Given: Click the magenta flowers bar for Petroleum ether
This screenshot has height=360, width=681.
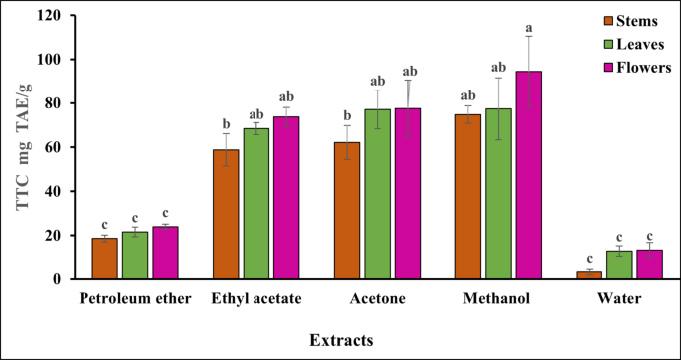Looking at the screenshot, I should [x=165, y=253].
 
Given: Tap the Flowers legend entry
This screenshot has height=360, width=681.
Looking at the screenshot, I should [x=639, y=67].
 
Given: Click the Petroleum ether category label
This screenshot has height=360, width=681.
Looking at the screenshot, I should [x=134, y=298].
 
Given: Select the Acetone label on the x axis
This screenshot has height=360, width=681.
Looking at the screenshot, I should [x=377, y=298].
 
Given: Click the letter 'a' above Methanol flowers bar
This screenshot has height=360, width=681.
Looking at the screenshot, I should [x=529, y=28].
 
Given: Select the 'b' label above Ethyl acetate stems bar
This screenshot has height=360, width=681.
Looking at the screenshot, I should [x=226, y=124].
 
